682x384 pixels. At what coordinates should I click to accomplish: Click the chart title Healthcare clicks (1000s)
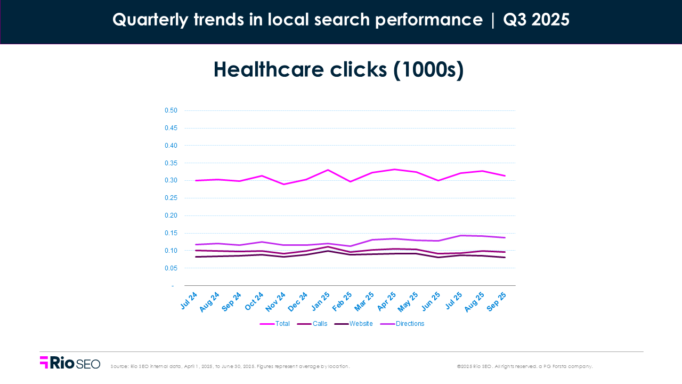339,70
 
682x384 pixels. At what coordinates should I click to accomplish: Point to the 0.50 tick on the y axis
170,110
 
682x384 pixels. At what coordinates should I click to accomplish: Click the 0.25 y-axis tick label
170,198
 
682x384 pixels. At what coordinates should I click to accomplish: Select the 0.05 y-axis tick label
170,268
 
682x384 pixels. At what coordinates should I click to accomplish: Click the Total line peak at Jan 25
328,170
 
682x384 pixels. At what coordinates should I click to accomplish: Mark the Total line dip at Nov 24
284,185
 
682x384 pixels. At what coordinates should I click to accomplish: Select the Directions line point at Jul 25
460,235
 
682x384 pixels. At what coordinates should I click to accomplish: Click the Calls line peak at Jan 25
328,247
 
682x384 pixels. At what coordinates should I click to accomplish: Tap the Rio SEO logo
70,363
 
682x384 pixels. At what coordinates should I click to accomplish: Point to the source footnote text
230,366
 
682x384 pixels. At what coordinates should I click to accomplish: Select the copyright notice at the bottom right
524,366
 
